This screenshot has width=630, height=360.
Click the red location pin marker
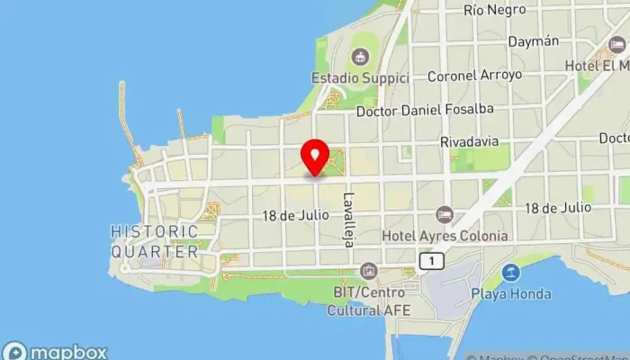click(314, 157)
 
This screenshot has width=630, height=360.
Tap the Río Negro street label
click(494, 11)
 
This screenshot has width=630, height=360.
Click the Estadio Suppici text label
click(360, 77)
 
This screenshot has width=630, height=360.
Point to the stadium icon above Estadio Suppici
click(361, 58)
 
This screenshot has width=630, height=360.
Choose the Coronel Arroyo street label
click(474, 76)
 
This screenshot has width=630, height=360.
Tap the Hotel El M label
click(597, 66)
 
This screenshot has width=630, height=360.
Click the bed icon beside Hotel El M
click(617, 44)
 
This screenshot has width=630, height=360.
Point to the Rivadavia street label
click(469, 142)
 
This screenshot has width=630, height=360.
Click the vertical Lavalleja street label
click(348, 220)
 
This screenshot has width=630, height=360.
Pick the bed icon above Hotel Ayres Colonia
click(444, 214)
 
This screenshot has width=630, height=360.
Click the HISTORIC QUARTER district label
click(155, 241)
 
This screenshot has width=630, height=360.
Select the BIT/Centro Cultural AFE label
click(369, 301)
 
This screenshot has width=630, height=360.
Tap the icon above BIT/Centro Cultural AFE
click(368, 271)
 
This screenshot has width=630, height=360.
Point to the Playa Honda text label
click(510, 293)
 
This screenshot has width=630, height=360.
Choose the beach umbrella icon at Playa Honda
click(510, 272)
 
